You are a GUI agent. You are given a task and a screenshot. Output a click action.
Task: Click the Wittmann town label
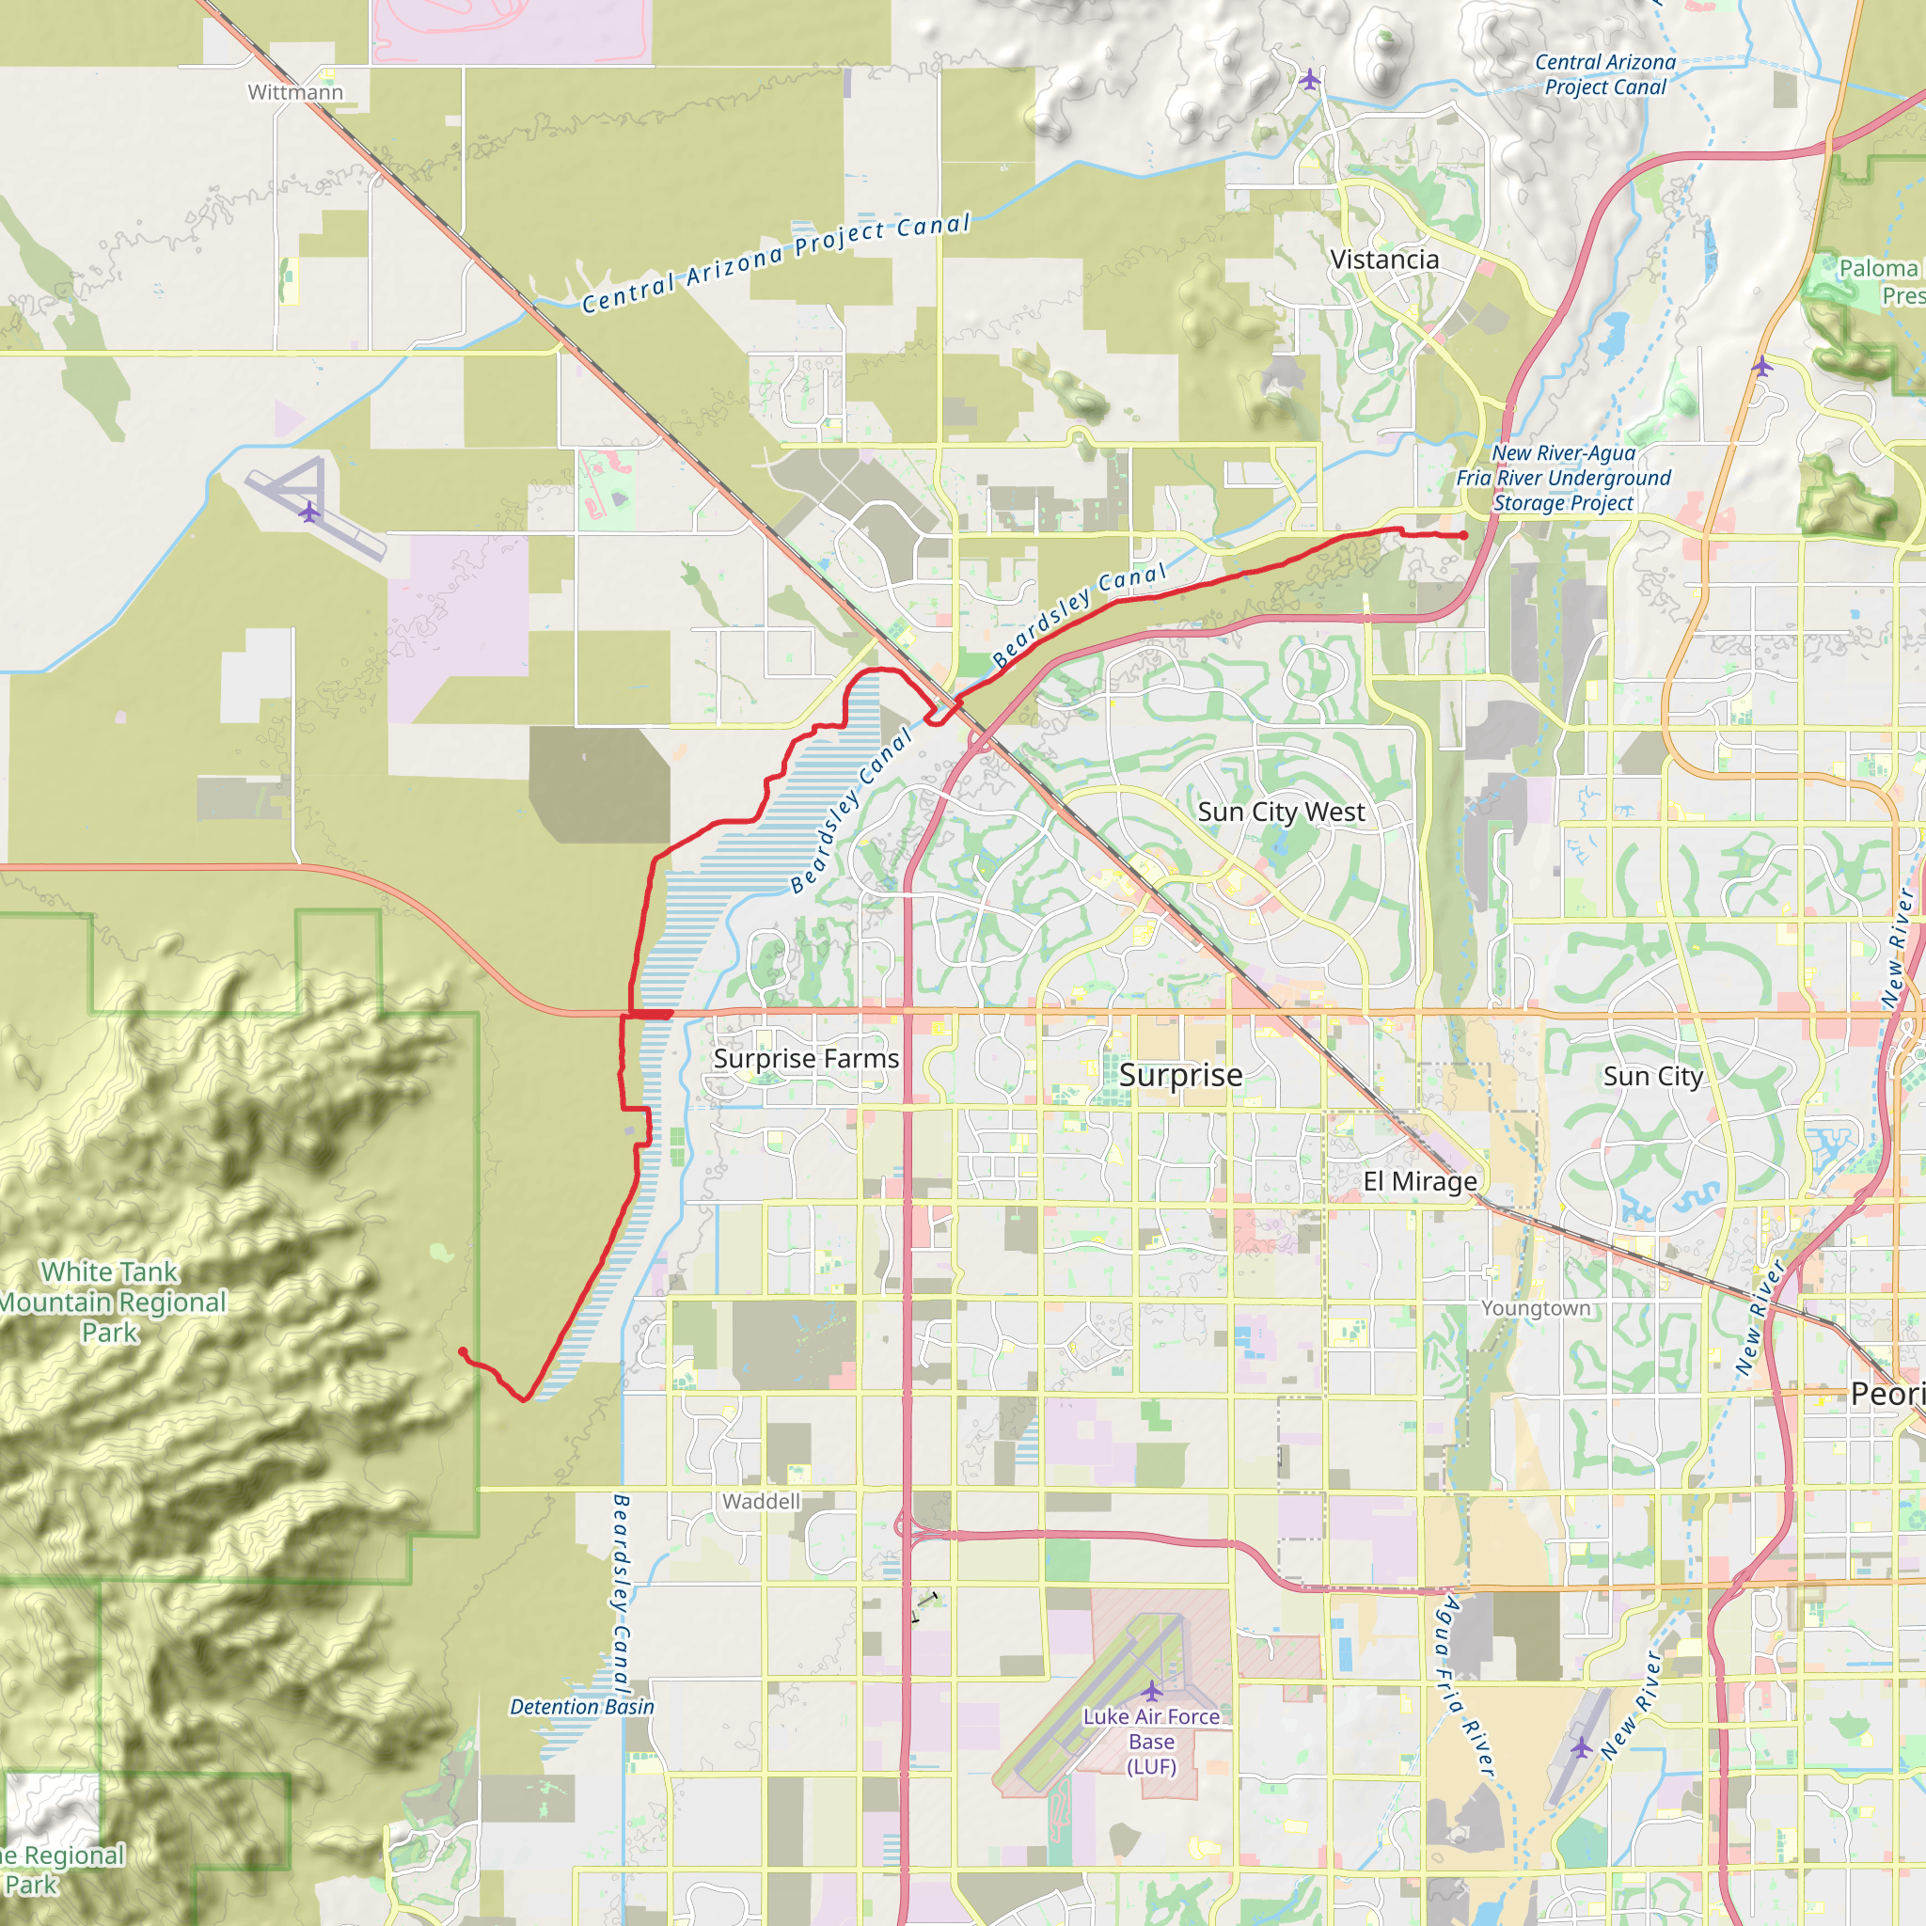coord(295,93)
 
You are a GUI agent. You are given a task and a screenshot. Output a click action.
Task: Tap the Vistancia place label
coord(1384,260)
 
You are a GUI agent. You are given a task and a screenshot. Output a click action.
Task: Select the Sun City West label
coord(1281,813)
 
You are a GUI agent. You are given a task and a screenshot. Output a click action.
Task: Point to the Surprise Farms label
coord(806,1059)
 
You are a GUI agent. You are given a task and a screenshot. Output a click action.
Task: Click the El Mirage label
coord(1419,1181)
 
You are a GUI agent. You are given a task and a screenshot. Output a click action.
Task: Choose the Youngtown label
coord(1535,1308)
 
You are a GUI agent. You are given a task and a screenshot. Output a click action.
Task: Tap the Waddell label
coord(762,1501)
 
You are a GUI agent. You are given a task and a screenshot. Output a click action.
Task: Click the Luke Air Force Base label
coord(1151,1742)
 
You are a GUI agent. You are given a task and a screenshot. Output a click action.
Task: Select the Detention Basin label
coord(582,1707)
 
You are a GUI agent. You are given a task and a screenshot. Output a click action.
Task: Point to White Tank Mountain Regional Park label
coord(111,1302)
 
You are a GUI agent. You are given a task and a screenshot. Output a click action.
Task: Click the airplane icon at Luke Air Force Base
coord(1151,1691)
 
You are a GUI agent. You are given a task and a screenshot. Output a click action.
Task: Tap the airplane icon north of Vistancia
coord(1310,79)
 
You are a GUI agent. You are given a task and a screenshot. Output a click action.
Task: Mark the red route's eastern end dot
coord(1463,535)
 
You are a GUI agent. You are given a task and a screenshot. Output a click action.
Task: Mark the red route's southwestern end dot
coord(463,1351)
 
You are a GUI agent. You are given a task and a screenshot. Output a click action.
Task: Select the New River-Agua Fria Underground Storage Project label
coord(1563,479)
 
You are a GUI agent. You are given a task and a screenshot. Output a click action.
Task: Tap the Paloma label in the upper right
coord(1878,269)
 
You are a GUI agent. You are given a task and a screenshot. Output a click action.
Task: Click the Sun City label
coord(1653,1077)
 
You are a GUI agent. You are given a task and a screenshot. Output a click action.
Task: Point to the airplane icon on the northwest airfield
coord(310,513)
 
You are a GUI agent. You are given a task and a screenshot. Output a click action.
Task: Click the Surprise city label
coord(1180,1076)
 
